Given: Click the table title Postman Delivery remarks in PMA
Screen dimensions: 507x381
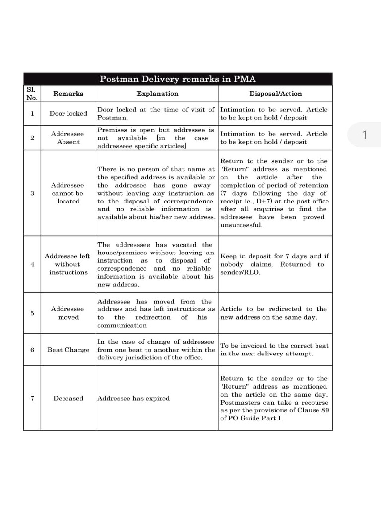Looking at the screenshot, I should click(178, 79).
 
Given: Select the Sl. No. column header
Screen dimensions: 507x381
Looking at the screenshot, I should click(32, 94).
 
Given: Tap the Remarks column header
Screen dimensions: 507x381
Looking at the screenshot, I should click(68, 94).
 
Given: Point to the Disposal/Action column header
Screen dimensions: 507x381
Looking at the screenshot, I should click(275, 94).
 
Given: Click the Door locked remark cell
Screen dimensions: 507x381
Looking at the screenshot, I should click(68, 114).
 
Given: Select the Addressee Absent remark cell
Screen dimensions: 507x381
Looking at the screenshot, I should click(68, 138).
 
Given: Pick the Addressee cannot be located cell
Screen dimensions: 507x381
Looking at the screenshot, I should click(68, 193).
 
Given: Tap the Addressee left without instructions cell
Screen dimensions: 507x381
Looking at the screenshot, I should click(68, 264).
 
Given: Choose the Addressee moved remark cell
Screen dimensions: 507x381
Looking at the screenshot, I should click(68, 313).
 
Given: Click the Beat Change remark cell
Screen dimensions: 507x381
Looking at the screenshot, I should click(68, 350).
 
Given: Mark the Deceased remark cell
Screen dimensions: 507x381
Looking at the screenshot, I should click(68, 398).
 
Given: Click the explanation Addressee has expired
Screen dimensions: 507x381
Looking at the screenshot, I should click(133, 398).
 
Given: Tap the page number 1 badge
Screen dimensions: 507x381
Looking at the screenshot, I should click(365, 135).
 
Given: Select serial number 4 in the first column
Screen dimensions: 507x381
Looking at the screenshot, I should click(32, 264).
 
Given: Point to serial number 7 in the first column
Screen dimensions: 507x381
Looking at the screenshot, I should click(32, 398).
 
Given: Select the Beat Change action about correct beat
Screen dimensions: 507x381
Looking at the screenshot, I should click(274, 350).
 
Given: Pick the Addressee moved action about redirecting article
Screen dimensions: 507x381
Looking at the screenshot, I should click(274, 313).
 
